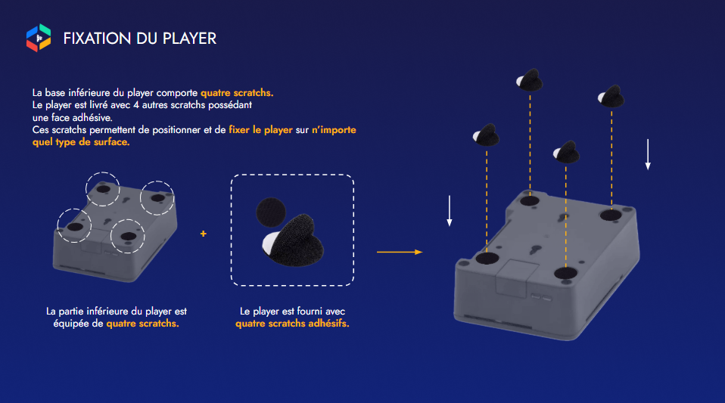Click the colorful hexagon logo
(39, 38)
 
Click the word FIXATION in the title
(97, 39)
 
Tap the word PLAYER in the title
(189, 39)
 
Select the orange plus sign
(204, 234)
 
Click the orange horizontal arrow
(400, 252)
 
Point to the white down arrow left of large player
(449, 211)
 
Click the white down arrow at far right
(648, 154)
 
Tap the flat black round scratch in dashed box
(270, 212)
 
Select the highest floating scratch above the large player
(530, 80)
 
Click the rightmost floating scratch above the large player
(611, 96)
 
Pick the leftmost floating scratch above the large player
(487, 135)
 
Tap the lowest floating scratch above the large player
(566, 152)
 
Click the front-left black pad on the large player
(487, 258)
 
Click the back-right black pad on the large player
(611, 215)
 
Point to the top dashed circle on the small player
(103, 172)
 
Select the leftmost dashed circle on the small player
(58, 225)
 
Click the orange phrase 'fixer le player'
(261, 130)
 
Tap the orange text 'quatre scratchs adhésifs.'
(292, 324)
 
